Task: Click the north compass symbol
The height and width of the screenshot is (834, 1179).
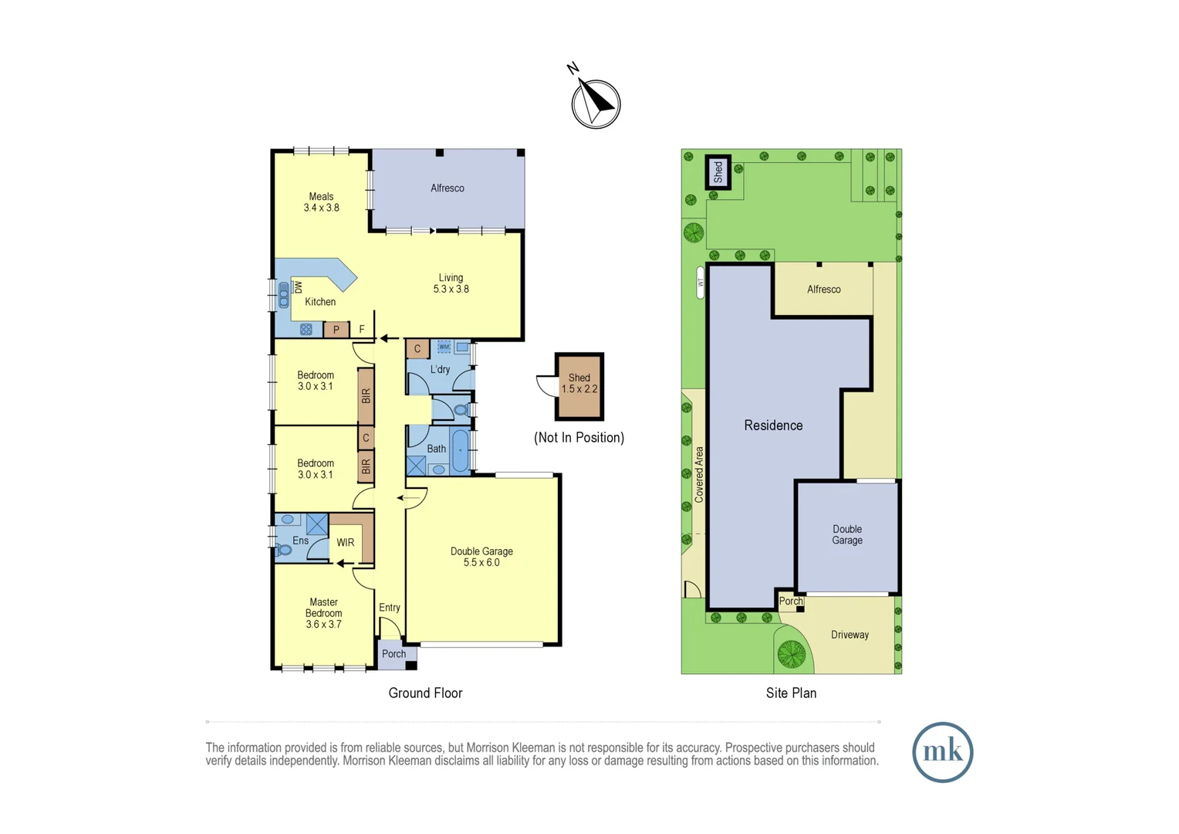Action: (x=595, y=103)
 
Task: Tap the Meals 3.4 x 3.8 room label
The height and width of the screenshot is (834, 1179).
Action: (x=321, y=202)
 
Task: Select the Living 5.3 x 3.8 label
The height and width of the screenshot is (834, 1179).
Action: (x=451, y=283)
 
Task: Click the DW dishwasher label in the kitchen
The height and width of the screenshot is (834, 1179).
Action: (x=299, y=286)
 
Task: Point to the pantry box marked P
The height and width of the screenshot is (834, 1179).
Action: (x=336, y=330)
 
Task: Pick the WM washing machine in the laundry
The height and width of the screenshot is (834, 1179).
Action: (x=444, y=347)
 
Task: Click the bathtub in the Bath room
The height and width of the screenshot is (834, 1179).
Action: (x=460, y=450)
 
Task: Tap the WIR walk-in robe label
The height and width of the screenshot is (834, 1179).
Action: (x=345, y=543)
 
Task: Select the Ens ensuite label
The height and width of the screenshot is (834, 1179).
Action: (x=300, y=541)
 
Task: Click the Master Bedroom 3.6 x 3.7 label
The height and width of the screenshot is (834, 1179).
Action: (x=323, y=613)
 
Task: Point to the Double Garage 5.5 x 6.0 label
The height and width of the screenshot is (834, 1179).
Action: (x=481, y=557)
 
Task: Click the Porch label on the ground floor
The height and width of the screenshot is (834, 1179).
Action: (x=394, y=654)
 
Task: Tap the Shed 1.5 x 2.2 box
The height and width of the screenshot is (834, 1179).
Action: (x=579, y=385)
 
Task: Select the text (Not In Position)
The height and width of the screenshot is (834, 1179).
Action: (x=579, y=438)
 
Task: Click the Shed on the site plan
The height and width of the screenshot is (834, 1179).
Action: (x=718, y=171)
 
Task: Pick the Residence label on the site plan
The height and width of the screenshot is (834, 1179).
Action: (x=773, y=425)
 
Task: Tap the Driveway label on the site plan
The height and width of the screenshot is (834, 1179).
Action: (x=850, y=635)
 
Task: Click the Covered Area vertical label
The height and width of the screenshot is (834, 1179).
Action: (x=699, y=474)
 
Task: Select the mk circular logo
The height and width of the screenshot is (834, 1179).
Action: (x=942, y=752)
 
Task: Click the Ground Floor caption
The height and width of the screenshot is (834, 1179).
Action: (x=425, y=693)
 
